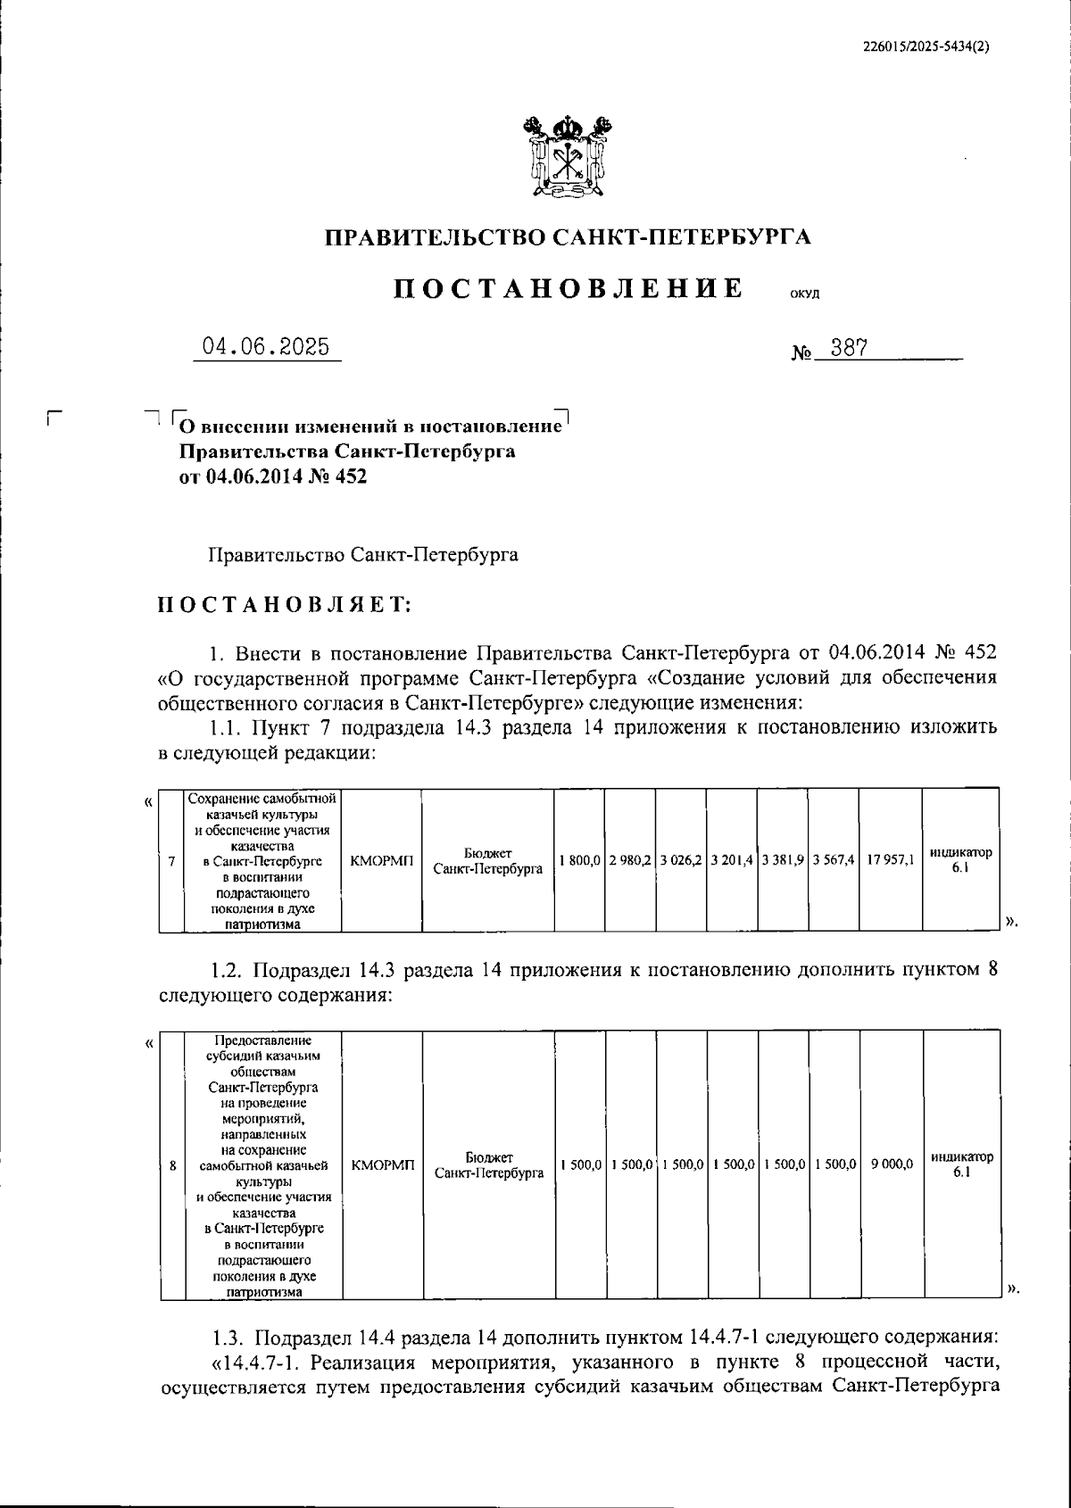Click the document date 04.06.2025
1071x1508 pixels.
(266, 347)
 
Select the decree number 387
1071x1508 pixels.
(849, 348)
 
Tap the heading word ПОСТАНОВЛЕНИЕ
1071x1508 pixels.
(569, 288)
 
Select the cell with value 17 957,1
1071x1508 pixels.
(890, 860)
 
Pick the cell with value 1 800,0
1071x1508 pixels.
(578, 860)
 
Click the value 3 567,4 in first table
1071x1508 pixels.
(834, 860)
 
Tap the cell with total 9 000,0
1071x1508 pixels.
(892, 1164)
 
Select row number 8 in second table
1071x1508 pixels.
(171, 1164)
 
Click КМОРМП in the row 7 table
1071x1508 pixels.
(382, 860)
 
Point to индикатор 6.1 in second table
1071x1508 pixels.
(960, 1164)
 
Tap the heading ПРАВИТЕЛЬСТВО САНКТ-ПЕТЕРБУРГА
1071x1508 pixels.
(568, 237)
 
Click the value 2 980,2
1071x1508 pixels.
(629, 860)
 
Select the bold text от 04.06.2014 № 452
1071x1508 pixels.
(273, 476)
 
